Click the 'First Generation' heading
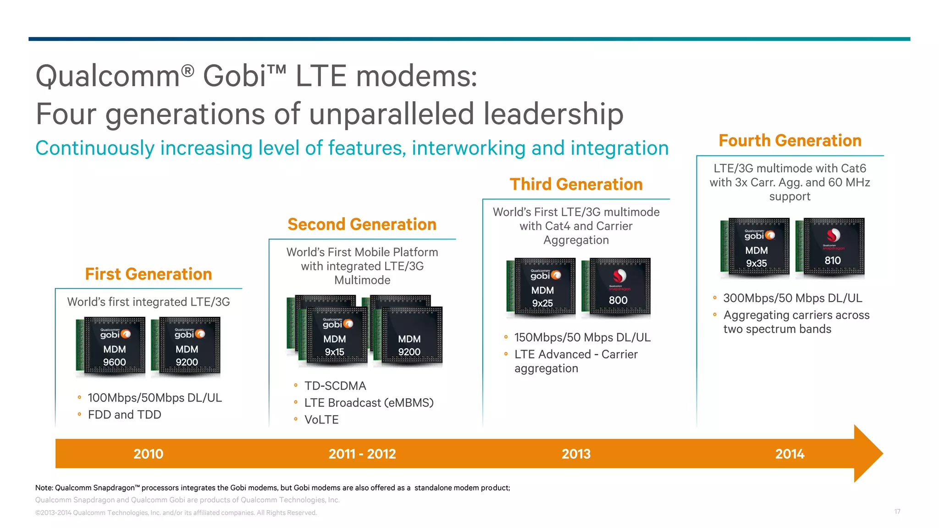(x=148, y=274)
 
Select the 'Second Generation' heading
(x=362, y=225)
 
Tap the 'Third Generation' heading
(x=576, y=184)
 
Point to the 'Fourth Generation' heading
(x=790, y=141)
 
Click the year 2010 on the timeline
(x=148, y=454)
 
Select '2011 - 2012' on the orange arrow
(x=362, y=454)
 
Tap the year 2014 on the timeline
(x=790, y=454)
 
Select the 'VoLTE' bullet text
(x=321, y=420)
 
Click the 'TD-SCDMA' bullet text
(x=335, y=386)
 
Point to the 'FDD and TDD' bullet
(x=124, y=415)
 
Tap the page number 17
(x=897, y=511)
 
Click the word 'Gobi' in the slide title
(x=234, y=76)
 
